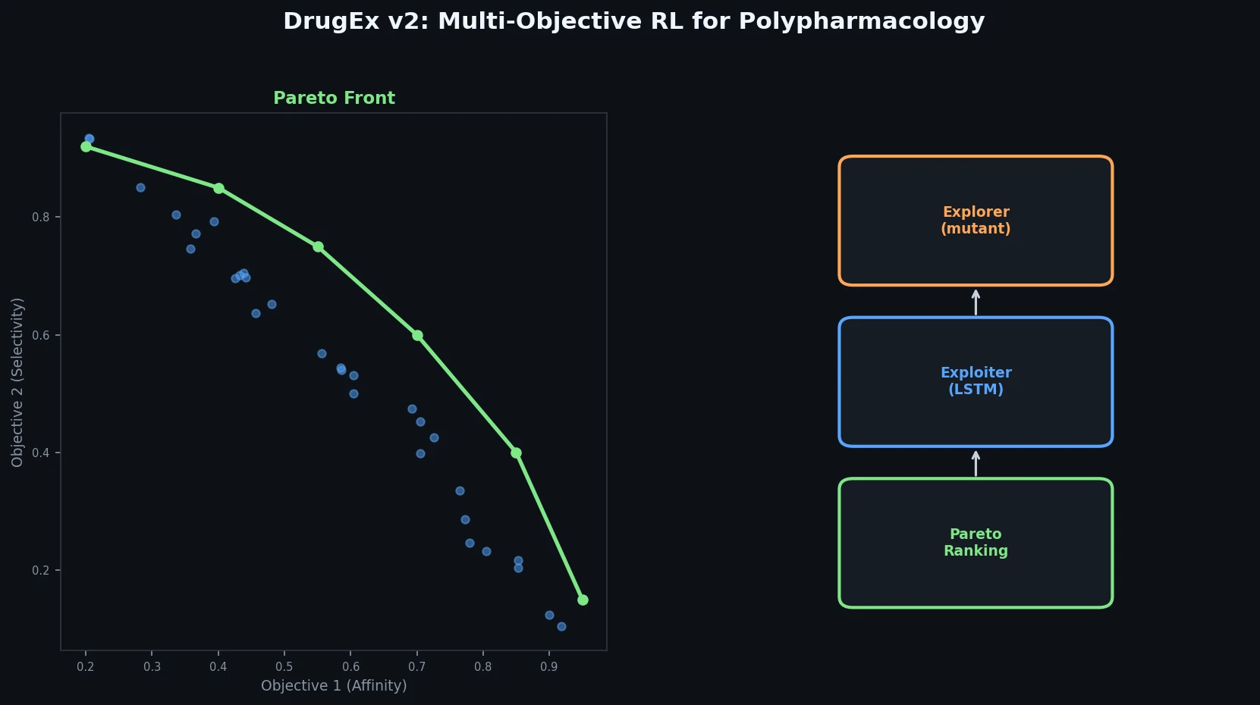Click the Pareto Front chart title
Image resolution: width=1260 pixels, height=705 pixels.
(x=334, y=98)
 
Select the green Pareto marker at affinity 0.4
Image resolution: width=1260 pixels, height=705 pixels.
(x=218, y=188)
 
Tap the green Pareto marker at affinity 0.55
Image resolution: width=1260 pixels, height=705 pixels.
(x=318, y=246)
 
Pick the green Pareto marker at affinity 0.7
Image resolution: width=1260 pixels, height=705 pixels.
(x=417, y=335)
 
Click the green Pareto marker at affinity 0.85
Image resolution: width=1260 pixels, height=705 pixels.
(x=517, y=453)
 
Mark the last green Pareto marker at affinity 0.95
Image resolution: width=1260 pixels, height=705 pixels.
(x=583, y=600)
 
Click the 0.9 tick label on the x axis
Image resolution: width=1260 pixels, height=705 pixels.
(x=549, y=667)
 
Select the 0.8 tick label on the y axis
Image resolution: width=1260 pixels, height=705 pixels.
(x=40, y=218)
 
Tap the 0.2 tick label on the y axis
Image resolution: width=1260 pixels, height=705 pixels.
(x=40, y=571)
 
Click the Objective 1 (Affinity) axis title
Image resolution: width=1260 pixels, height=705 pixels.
(x=334, y=686)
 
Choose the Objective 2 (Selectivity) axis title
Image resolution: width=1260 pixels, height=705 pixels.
(x=17, y=382)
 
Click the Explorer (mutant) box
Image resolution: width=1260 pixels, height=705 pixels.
(x=976, y=221)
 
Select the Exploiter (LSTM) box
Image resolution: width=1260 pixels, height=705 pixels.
(x=976, y=381)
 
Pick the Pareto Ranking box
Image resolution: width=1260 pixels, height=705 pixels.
(x=976, y=543)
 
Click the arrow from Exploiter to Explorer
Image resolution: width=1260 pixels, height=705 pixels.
(x=976, y=302)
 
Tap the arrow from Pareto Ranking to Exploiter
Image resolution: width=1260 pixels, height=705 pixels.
(x=976, y=463)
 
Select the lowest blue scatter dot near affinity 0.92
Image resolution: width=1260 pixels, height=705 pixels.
(x=561, y=626)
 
